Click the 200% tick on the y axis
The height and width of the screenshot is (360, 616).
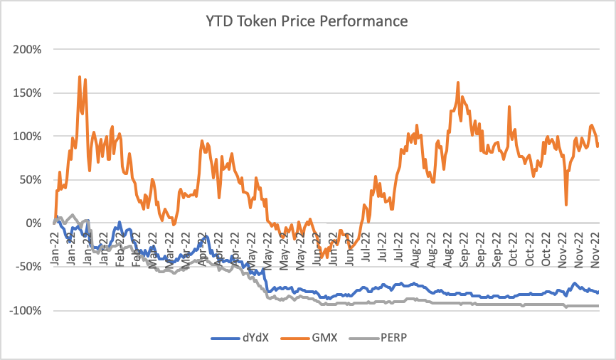click(26, 49)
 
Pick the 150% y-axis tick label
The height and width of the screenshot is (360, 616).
click(26, 92)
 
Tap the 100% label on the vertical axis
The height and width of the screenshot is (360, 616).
click(26, 136)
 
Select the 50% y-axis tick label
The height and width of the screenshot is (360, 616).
click(29, 179)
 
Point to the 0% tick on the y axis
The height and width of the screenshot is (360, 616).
click(32, 223)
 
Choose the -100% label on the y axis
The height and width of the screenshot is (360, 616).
click(25, 310)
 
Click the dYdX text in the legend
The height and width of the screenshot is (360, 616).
click(251, 339)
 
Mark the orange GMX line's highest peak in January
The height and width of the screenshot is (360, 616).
click(79, 77)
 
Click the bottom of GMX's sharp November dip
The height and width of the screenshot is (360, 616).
click(566, 205)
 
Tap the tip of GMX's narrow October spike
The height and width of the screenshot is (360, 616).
click(509, 107)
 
